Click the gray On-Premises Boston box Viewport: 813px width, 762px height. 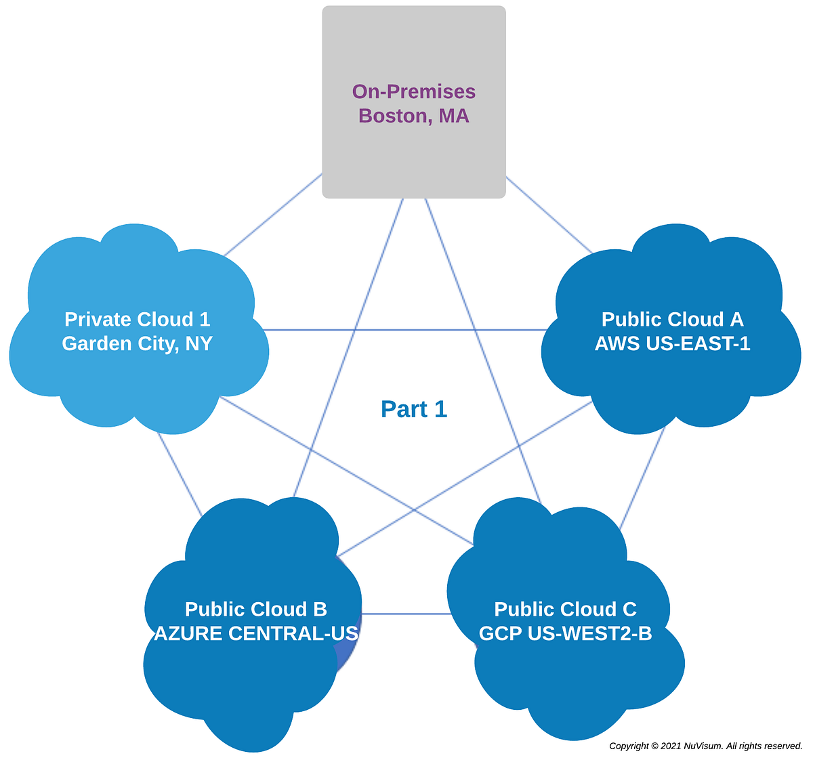click(x=413, y=156)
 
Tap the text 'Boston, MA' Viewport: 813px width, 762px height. click(x=413, y=116)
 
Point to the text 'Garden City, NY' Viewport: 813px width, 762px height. click(x=137, y=343)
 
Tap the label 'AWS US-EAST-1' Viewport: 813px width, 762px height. click(x=672, y=343)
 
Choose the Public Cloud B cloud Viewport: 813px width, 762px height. click(x=251, y=677)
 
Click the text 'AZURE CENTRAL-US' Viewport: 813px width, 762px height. click(x=256, y=633)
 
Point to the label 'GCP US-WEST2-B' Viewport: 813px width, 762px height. click(x=565, y=633)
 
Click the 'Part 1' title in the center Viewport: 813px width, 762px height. click(x=414, y=409)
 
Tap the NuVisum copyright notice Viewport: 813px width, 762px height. click(x=705, y=746)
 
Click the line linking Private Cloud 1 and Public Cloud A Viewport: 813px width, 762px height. click(x=406, y=330)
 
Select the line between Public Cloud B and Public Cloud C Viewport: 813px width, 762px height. click(x=406, y=614)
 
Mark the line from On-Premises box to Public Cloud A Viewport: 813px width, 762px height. click(x=549, y=215)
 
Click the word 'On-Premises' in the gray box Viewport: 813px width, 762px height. click(x=413, y=91)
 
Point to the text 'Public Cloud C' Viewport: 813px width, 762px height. click(x=565, y=609)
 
